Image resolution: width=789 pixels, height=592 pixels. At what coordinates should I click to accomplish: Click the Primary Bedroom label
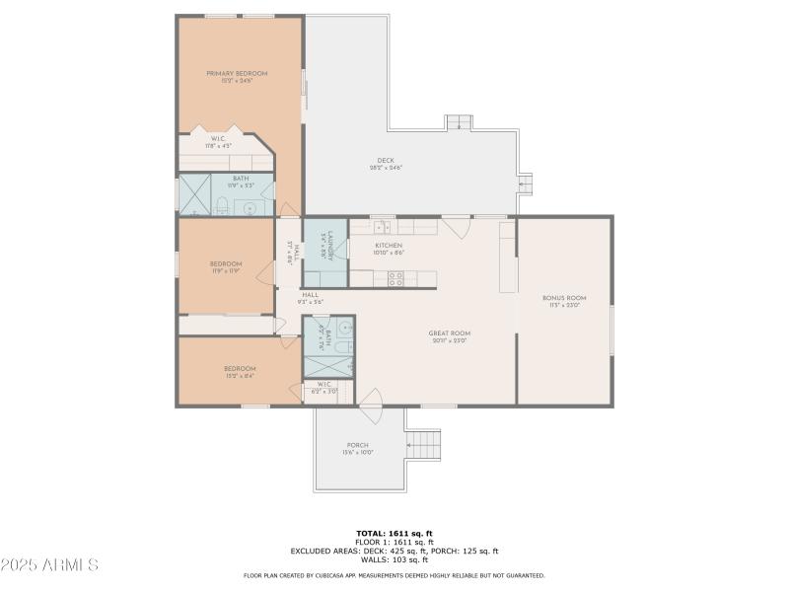pos(237,76)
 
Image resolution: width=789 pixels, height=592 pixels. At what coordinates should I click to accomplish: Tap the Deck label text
pos(386,164)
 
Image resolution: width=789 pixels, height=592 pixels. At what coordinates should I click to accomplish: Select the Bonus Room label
pos(564,300)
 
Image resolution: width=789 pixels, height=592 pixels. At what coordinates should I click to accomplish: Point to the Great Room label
pos(449,336)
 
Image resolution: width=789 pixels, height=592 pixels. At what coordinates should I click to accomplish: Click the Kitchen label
pos(388,249)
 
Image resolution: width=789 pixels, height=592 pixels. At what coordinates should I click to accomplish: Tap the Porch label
pos(357,448)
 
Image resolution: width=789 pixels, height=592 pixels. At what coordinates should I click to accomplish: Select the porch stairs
pos(424,445)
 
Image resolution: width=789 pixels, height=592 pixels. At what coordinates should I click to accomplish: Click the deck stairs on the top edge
pos(459,122)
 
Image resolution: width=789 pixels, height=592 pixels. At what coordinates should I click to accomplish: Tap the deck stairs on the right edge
pos(525,184)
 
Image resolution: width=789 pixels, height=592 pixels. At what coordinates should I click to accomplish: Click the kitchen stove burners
pos(396,278)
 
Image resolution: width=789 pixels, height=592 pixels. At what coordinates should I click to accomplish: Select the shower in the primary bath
pos(194,194)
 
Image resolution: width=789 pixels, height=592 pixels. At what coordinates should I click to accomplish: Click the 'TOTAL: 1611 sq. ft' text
pos(394,533)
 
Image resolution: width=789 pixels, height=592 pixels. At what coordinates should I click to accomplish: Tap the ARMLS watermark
pos(49,565)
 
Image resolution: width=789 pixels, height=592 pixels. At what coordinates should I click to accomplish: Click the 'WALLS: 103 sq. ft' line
pos(394,559)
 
